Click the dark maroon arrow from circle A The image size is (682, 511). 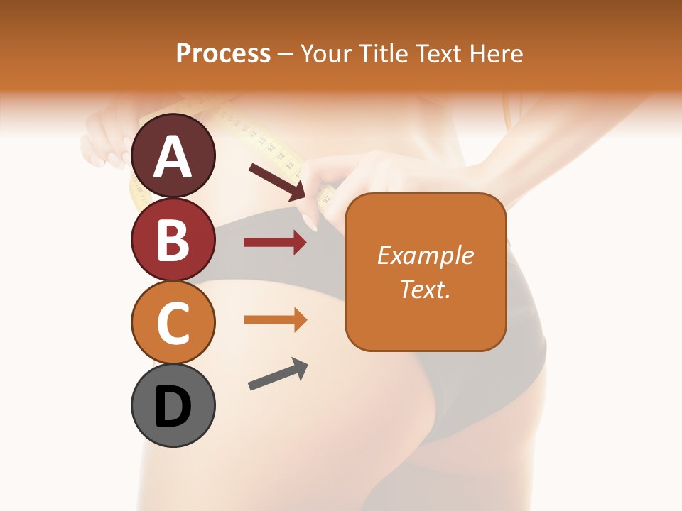(277, 180)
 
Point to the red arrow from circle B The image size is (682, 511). (275, 243)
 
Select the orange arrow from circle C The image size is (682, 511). (275, 319)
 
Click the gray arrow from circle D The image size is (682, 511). (278, 374)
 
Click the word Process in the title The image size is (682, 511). (223, 53)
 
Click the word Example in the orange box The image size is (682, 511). (425, 255)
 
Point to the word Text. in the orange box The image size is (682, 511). (425, 289)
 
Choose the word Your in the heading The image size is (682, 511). (328, 53)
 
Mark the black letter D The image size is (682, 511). (173, 407)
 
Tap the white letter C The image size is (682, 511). (173, 324)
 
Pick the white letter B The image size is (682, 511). (173, 240)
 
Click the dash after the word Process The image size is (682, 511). (286, 54)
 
